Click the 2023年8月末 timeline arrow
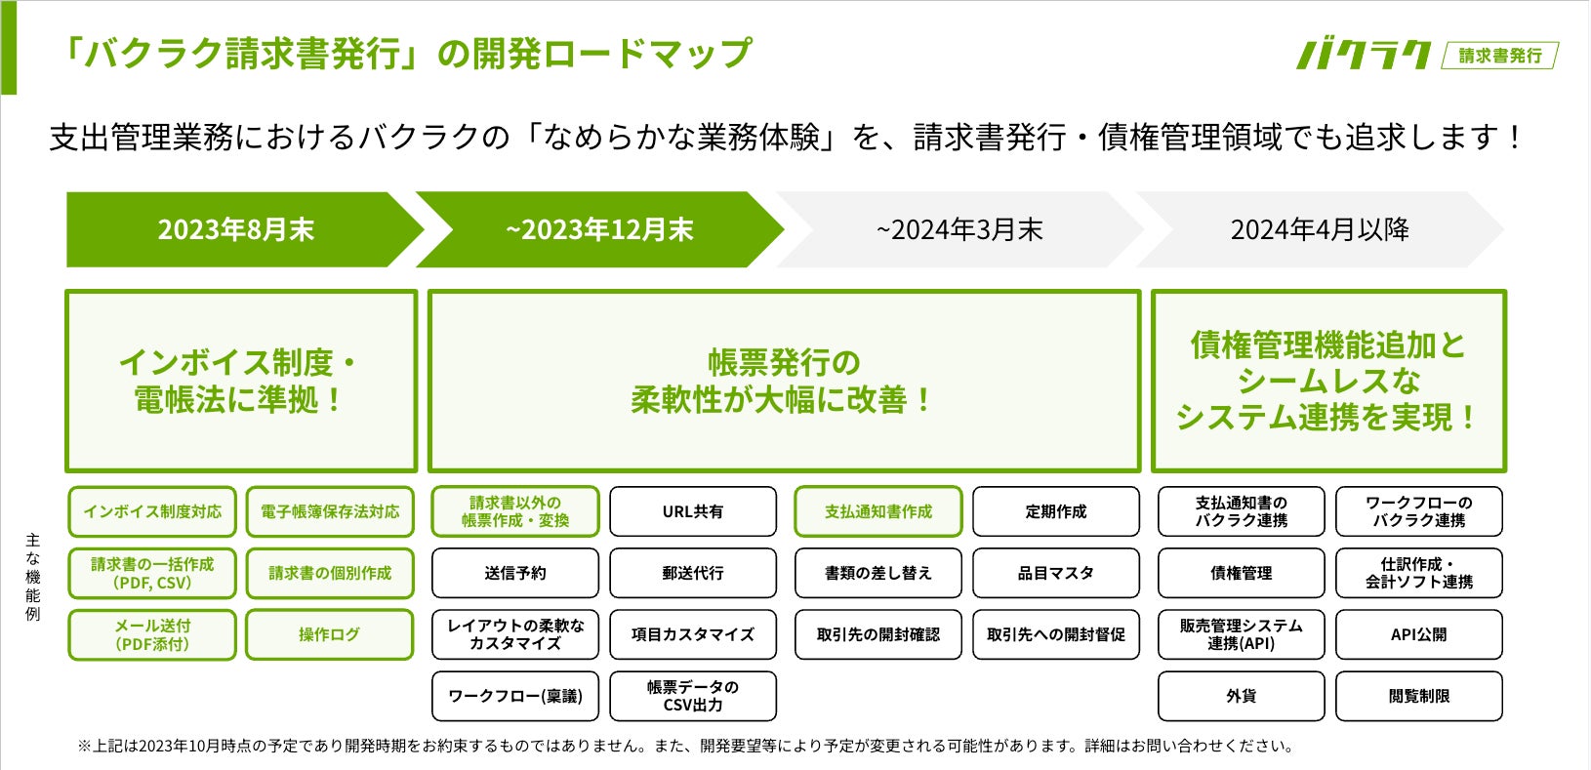(x=236, y=229)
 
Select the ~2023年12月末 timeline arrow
(x=599, y=229)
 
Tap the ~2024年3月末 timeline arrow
(x=959, y=229)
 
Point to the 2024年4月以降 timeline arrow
(x=1320, y=229)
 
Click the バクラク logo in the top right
(x=1364, y=55)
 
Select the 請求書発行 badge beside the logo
(x=1500, y=56)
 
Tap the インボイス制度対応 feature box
(x=152, y=511)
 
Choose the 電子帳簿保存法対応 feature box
(x=330, y=511)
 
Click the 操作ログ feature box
(x=330, y=634)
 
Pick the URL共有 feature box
(x=693, y=511)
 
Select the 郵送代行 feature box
(x=693, y=573)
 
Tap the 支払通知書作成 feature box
(x=878, y=511)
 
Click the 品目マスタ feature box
(x=1056, y=573)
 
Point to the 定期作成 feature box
(x=1056, y=511)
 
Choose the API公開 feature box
(x=1418, y=634)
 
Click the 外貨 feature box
(x=1242, y=696)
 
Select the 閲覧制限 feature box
(x=1418, y=696)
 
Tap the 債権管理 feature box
(x=1242, y=573)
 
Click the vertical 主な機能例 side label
(x=33, y=577)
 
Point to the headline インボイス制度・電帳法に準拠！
(x=240, y=381)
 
